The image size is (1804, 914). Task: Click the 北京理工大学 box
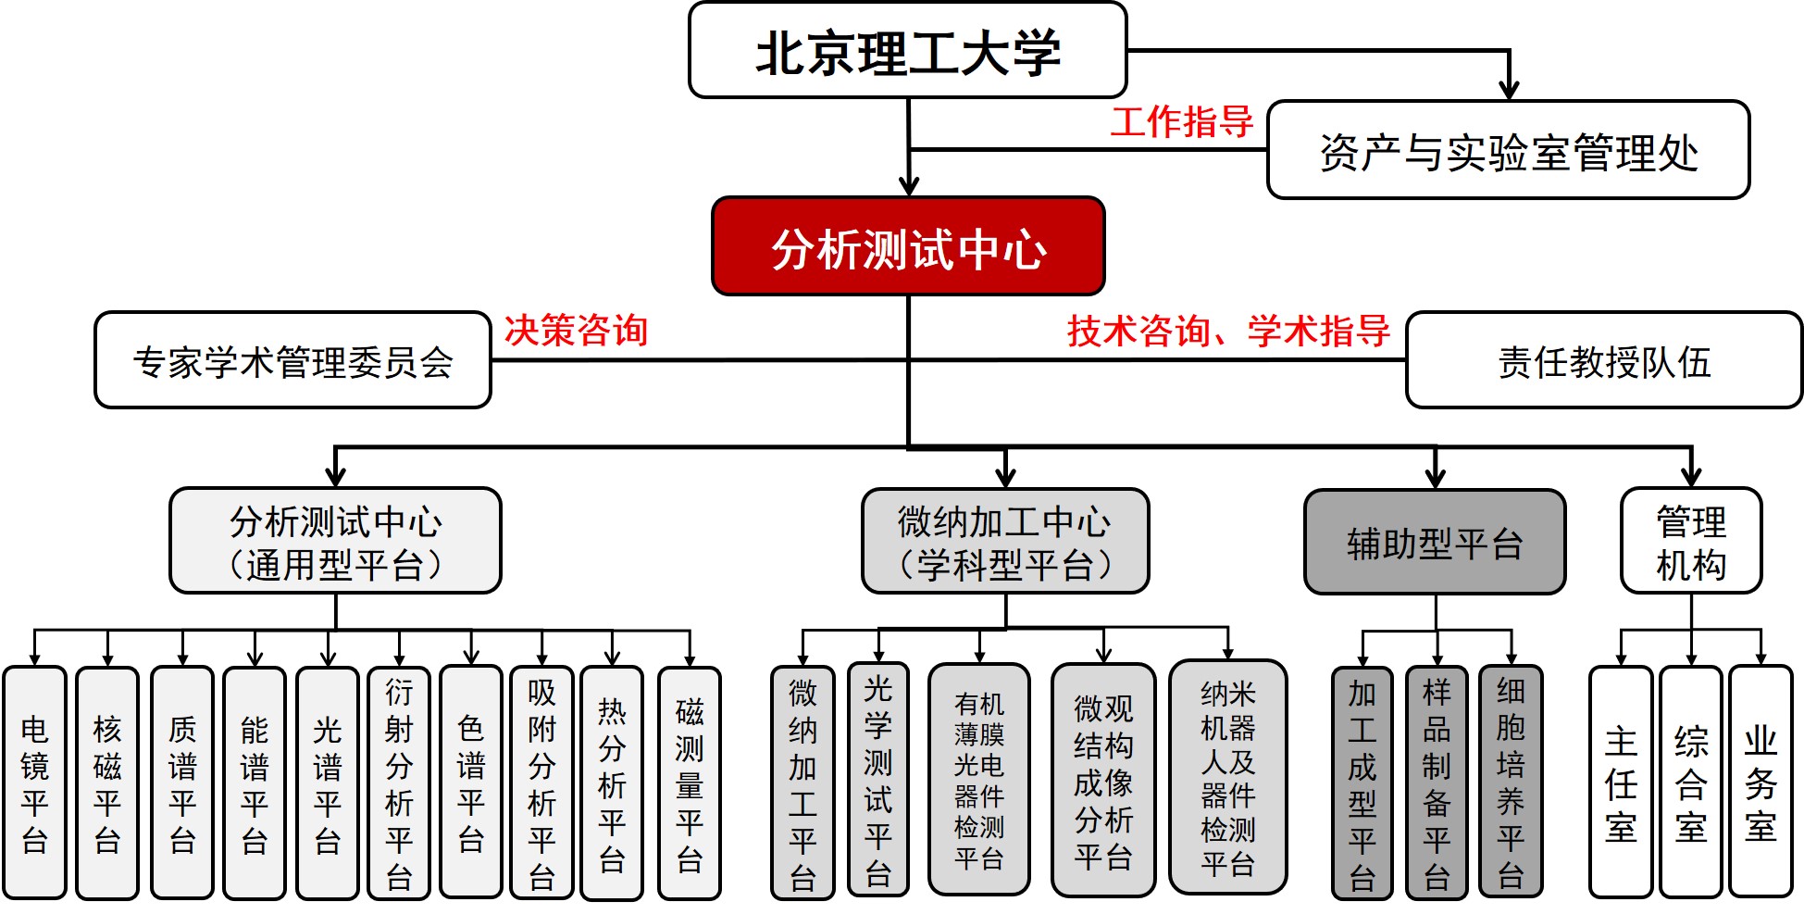click(907, 50)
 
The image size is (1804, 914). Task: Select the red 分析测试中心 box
click(908, 246)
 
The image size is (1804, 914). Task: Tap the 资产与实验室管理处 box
click(1508, 151)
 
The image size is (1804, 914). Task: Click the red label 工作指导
click(1181, 121)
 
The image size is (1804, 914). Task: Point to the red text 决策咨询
click(576, 330)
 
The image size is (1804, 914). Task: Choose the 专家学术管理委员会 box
click(292, 360)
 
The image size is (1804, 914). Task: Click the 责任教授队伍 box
click(1603, 360)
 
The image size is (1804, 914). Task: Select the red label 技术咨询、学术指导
click(1228, 330)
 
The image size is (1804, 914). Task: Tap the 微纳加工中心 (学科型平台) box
click(1005, 542)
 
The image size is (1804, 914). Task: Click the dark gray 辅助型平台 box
click(1435, 543)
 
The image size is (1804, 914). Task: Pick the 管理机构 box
click(1690, 542)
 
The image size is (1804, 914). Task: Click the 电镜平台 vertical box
click(35, 783)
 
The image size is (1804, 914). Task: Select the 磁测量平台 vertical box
click(689, 783)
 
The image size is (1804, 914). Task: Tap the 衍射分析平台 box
click(399, 783)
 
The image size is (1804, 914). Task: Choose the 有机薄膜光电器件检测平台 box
click(979, 780)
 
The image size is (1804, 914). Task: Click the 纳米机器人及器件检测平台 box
click(1227, 778)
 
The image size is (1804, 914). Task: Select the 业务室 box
click(1760, 783)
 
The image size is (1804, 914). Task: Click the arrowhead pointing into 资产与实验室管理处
click(1509, 91)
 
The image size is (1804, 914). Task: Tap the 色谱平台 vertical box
click(471, 783)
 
